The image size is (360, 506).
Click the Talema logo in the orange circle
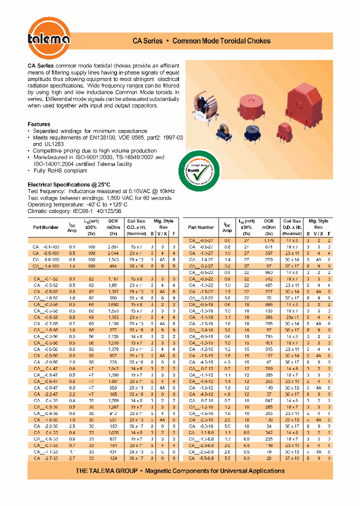(49, 40)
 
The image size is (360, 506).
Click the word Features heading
(38, 124)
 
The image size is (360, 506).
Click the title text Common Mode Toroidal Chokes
(221, 41)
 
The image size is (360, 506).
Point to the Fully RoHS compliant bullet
(60, 170)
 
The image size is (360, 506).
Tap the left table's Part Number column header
(46, 227)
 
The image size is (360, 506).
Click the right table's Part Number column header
(201, 227)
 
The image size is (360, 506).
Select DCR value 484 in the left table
(113, 266)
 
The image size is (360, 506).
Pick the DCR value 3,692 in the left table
(113, 304)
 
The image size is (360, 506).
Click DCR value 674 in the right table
(269, 247)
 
